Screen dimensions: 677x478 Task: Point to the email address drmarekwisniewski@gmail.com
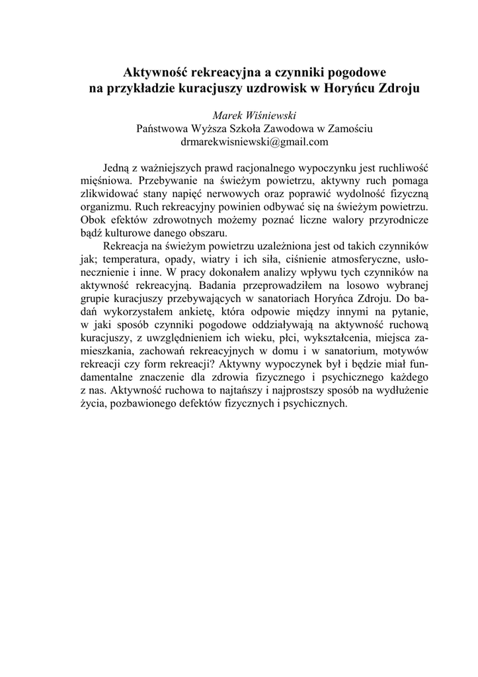click(255, 141)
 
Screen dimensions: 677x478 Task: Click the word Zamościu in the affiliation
click(348, 128)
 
